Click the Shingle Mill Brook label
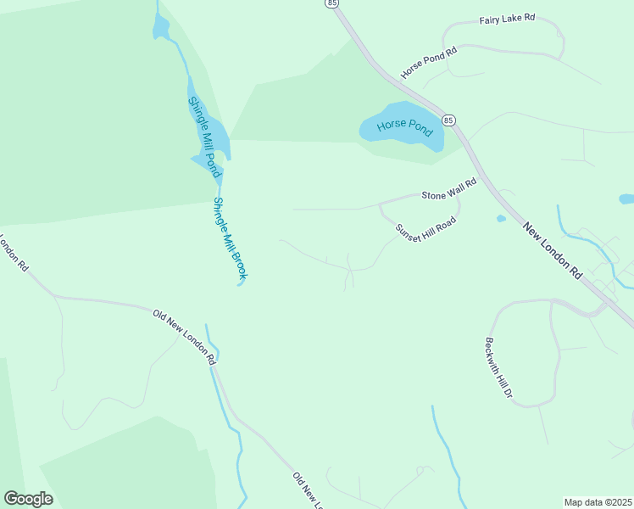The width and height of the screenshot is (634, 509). [230, 239]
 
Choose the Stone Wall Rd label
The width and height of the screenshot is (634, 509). [449, 188]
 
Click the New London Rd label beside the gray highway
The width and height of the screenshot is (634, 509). [553, 251]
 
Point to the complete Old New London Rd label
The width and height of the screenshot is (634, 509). [184, 337]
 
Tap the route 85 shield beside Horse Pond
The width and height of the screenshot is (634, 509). [448, 120]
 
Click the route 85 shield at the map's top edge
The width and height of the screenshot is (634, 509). [331, 3]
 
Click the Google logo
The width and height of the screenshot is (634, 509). [28, 499]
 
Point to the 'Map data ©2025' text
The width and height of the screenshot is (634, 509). [598, 502]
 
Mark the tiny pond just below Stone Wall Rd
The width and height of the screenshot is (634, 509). [501, 218]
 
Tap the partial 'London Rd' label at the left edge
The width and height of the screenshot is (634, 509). [14, 254]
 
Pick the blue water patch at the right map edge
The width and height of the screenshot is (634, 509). [627, 199]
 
